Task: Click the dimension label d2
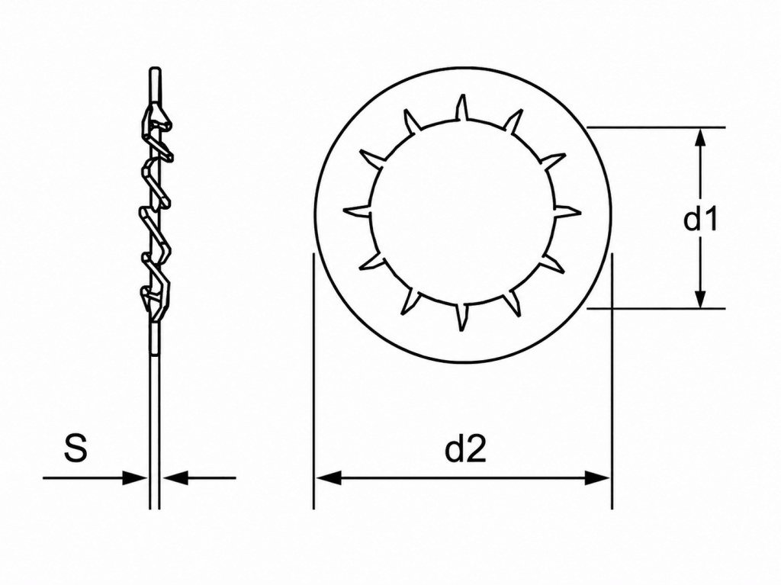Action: coord(465,450)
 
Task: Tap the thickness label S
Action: coord(76,448)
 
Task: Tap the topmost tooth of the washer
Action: coord(461,108)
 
